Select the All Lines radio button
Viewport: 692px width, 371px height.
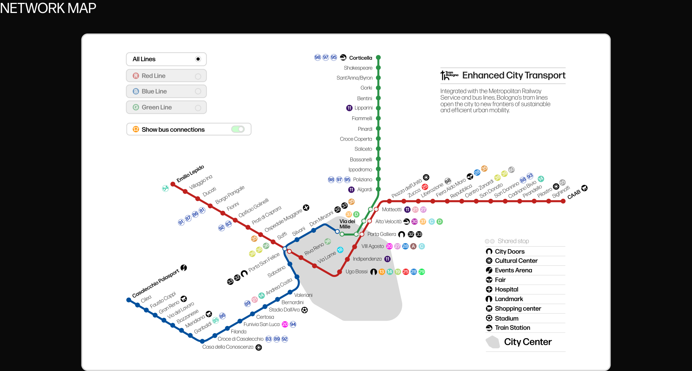coord(198,59)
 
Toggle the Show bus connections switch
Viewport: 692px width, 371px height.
coord(238,129)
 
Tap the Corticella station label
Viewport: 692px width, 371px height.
coord(360,58)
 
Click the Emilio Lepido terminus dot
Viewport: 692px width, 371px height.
coord(173,184)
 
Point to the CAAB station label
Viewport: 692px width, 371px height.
coord(574,195)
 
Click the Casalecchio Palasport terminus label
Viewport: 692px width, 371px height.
coord(155,284)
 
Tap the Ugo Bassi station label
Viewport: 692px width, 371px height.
coord(356,272)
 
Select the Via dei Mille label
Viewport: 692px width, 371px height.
coord(347,224)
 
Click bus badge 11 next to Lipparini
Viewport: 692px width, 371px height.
coord(349,108)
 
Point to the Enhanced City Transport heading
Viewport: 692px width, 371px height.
coord(514,75)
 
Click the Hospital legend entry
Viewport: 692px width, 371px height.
coord(506,290)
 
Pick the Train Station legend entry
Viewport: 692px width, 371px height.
coord(512,328)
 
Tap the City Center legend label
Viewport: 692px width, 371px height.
coord(528,342)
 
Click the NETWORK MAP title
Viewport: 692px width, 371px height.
coord(48,8)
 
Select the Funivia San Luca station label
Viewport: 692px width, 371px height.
coord(261,325)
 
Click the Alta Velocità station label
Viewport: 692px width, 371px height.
coord(388,222)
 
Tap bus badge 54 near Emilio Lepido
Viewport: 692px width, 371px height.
coord(165,188)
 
